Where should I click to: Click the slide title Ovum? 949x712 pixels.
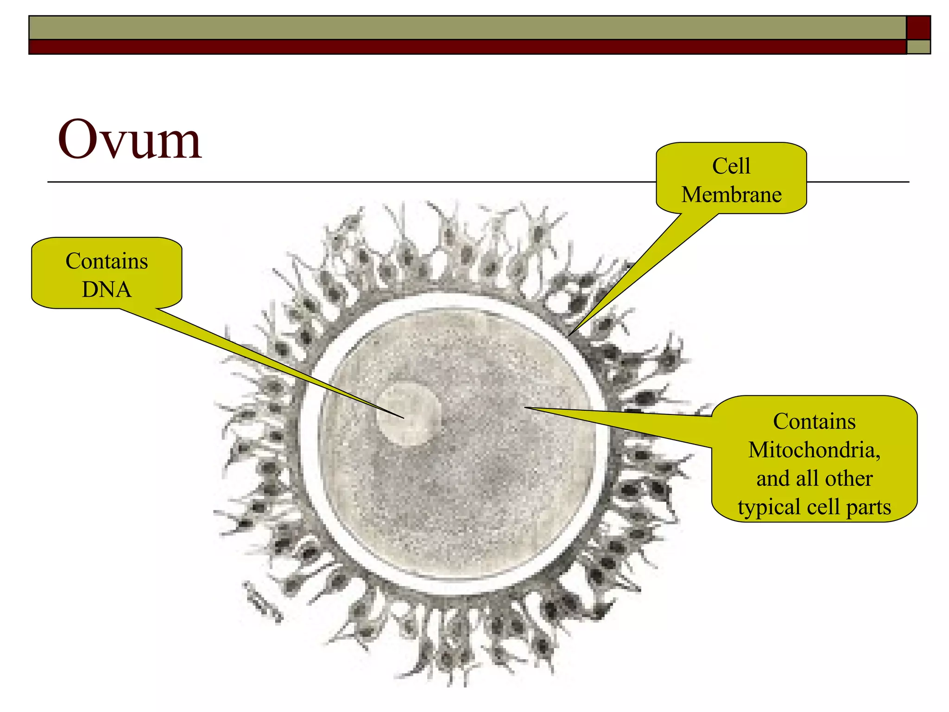(129, 140)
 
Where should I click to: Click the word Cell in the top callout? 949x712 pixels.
(731, 166)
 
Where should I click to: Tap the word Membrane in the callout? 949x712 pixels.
(731, 195)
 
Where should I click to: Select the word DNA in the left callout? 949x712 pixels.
(107, 290)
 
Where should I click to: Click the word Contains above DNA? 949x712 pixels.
(107, 261)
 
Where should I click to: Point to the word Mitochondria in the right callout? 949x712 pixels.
(814, 450)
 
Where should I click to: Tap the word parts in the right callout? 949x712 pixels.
(868, 507)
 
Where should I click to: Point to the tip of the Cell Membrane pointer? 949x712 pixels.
(569, 335)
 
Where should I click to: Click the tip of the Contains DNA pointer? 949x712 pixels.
(404, 418)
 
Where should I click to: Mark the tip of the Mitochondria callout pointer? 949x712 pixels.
(525, 408)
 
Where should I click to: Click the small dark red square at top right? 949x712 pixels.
(918, 28)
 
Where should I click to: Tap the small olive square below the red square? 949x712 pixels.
(918, 47)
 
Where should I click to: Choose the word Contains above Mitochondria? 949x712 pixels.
(814, 421)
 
